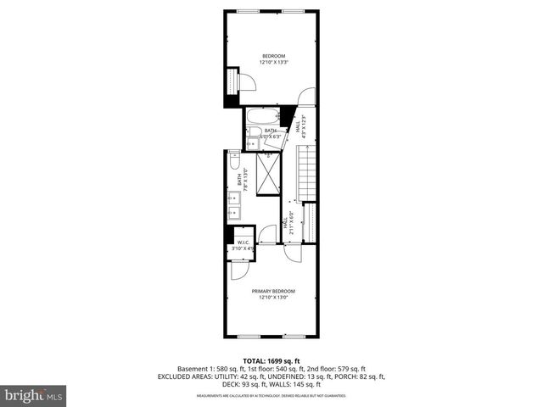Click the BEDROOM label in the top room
[x=273, y=56]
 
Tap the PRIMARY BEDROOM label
[x=272, y=291]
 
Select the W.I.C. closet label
[x=243, y=242]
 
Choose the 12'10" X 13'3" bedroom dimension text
[x=273, y=62]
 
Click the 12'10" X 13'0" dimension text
[x=272, y=297]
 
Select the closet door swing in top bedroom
[x=247, y=83]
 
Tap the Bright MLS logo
[x=34, y=395]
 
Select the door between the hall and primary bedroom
[x=291, y=251]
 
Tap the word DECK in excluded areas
[x=167, y=384]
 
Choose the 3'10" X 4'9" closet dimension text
[x=243, y=248]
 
